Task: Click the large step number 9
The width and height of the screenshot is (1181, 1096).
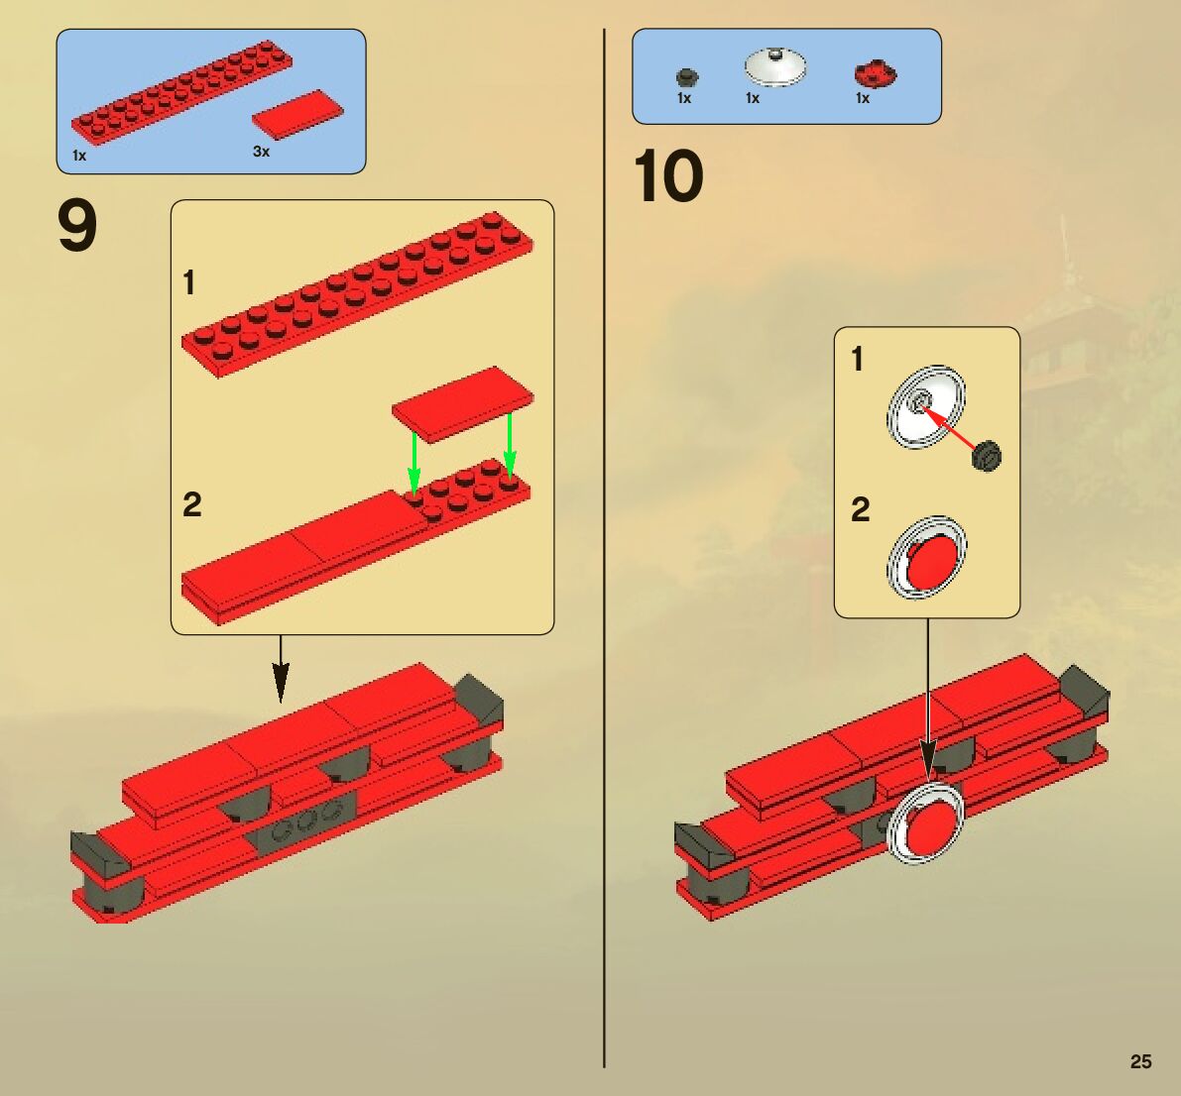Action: [77, 226]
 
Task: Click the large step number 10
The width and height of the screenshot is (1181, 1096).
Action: [668, 178]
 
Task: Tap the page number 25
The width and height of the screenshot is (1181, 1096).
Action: [1140, 1061]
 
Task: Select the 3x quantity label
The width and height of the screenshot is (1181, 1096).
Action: [261, 152]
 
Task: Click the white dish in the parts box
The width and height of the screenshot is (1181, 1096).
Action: [774, 66]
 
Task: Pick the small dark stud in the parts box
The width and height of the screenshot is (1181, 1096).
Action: [685, 77]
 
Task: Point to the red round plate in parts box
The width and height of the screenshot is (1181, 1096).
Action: [875, 73]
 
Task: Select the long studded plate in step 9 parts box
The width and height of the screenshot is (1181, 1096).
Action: [181, 90]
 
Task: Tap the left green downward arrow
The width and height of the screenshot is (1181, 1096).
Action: [414, 458]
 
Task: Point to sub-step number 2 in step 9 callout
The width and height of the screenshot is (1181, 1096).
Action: [191, 504]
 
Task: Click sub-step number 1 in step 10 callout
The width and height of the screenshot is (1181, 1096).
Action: [857, 359]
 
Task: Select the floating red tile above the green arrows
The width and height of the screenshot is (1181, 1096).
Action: [462, 401]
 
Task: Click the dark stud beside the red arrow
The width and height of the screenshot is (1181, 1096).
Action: [988, 456]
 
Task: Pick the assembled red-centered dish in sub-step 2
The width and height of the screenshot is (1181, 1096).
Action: [926, 558]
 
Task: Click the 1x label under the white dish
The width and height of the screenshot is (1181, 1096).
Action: [753, 98]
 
